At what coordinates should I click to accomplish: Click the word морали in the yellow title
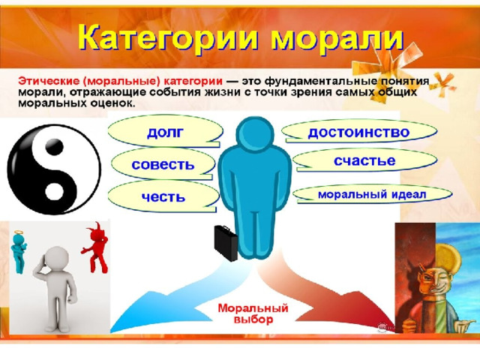coord(337,40)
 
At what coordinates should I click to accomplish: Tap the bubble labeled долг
coord(165,132)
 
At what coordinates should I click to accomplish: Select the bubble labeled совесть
coord(163,164)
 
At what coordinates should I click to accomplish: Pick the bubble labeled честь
coord(163,196)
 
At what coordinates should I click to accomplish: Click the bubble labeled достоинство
coord(359,132)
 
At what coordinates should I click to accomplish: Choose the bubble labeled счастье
coord(365,160)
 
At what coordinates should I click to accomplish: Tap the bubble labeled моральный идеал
coord(372,194)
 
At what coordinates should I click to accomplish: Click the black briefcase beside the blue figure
coord(226,243)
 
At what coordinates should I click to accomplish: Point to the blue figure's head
coord(255,133)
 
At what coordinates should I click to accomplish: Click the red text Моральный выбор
coord(253,313)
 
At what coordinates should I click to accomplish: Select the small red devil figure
coord(95,248)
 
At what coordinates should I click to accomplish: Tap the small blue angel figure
coord(19,251)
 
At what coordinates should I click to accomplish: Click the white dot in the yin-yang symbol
coord(55,191)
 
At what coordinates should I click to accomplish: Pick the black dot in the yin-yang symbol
coord(54,147)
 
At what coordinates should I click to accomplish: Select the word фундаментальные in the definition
coord(321,82)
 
